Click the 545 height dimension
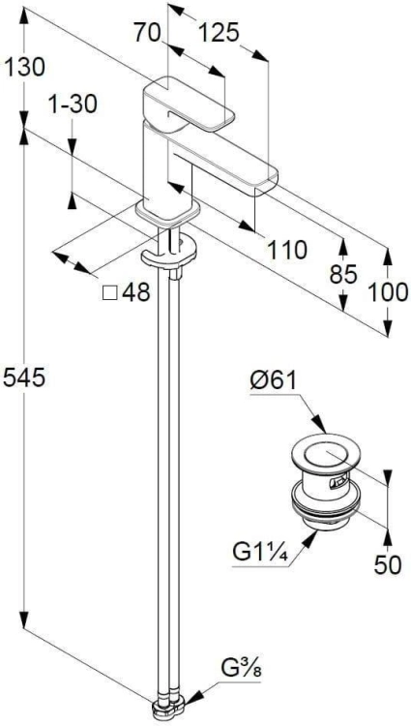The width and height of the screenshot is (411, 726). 24,377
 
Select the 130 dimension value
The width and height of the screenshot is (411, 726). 24,67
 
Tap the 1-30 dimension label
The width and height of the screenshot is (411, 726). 73,105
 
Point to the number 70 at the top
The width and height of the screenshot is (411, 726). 147,33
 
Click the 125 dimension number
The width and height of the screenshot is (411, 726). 219,33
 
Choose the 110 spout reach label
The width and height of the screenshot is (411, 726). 286,251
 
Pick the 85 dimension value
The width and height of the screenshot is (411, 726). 343,275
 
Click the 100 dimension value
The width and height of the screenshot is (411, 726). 388,292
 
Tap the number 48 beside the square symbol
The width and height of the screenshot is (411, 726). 136,292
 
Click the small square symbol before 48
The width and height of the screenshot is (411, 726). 109,293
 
